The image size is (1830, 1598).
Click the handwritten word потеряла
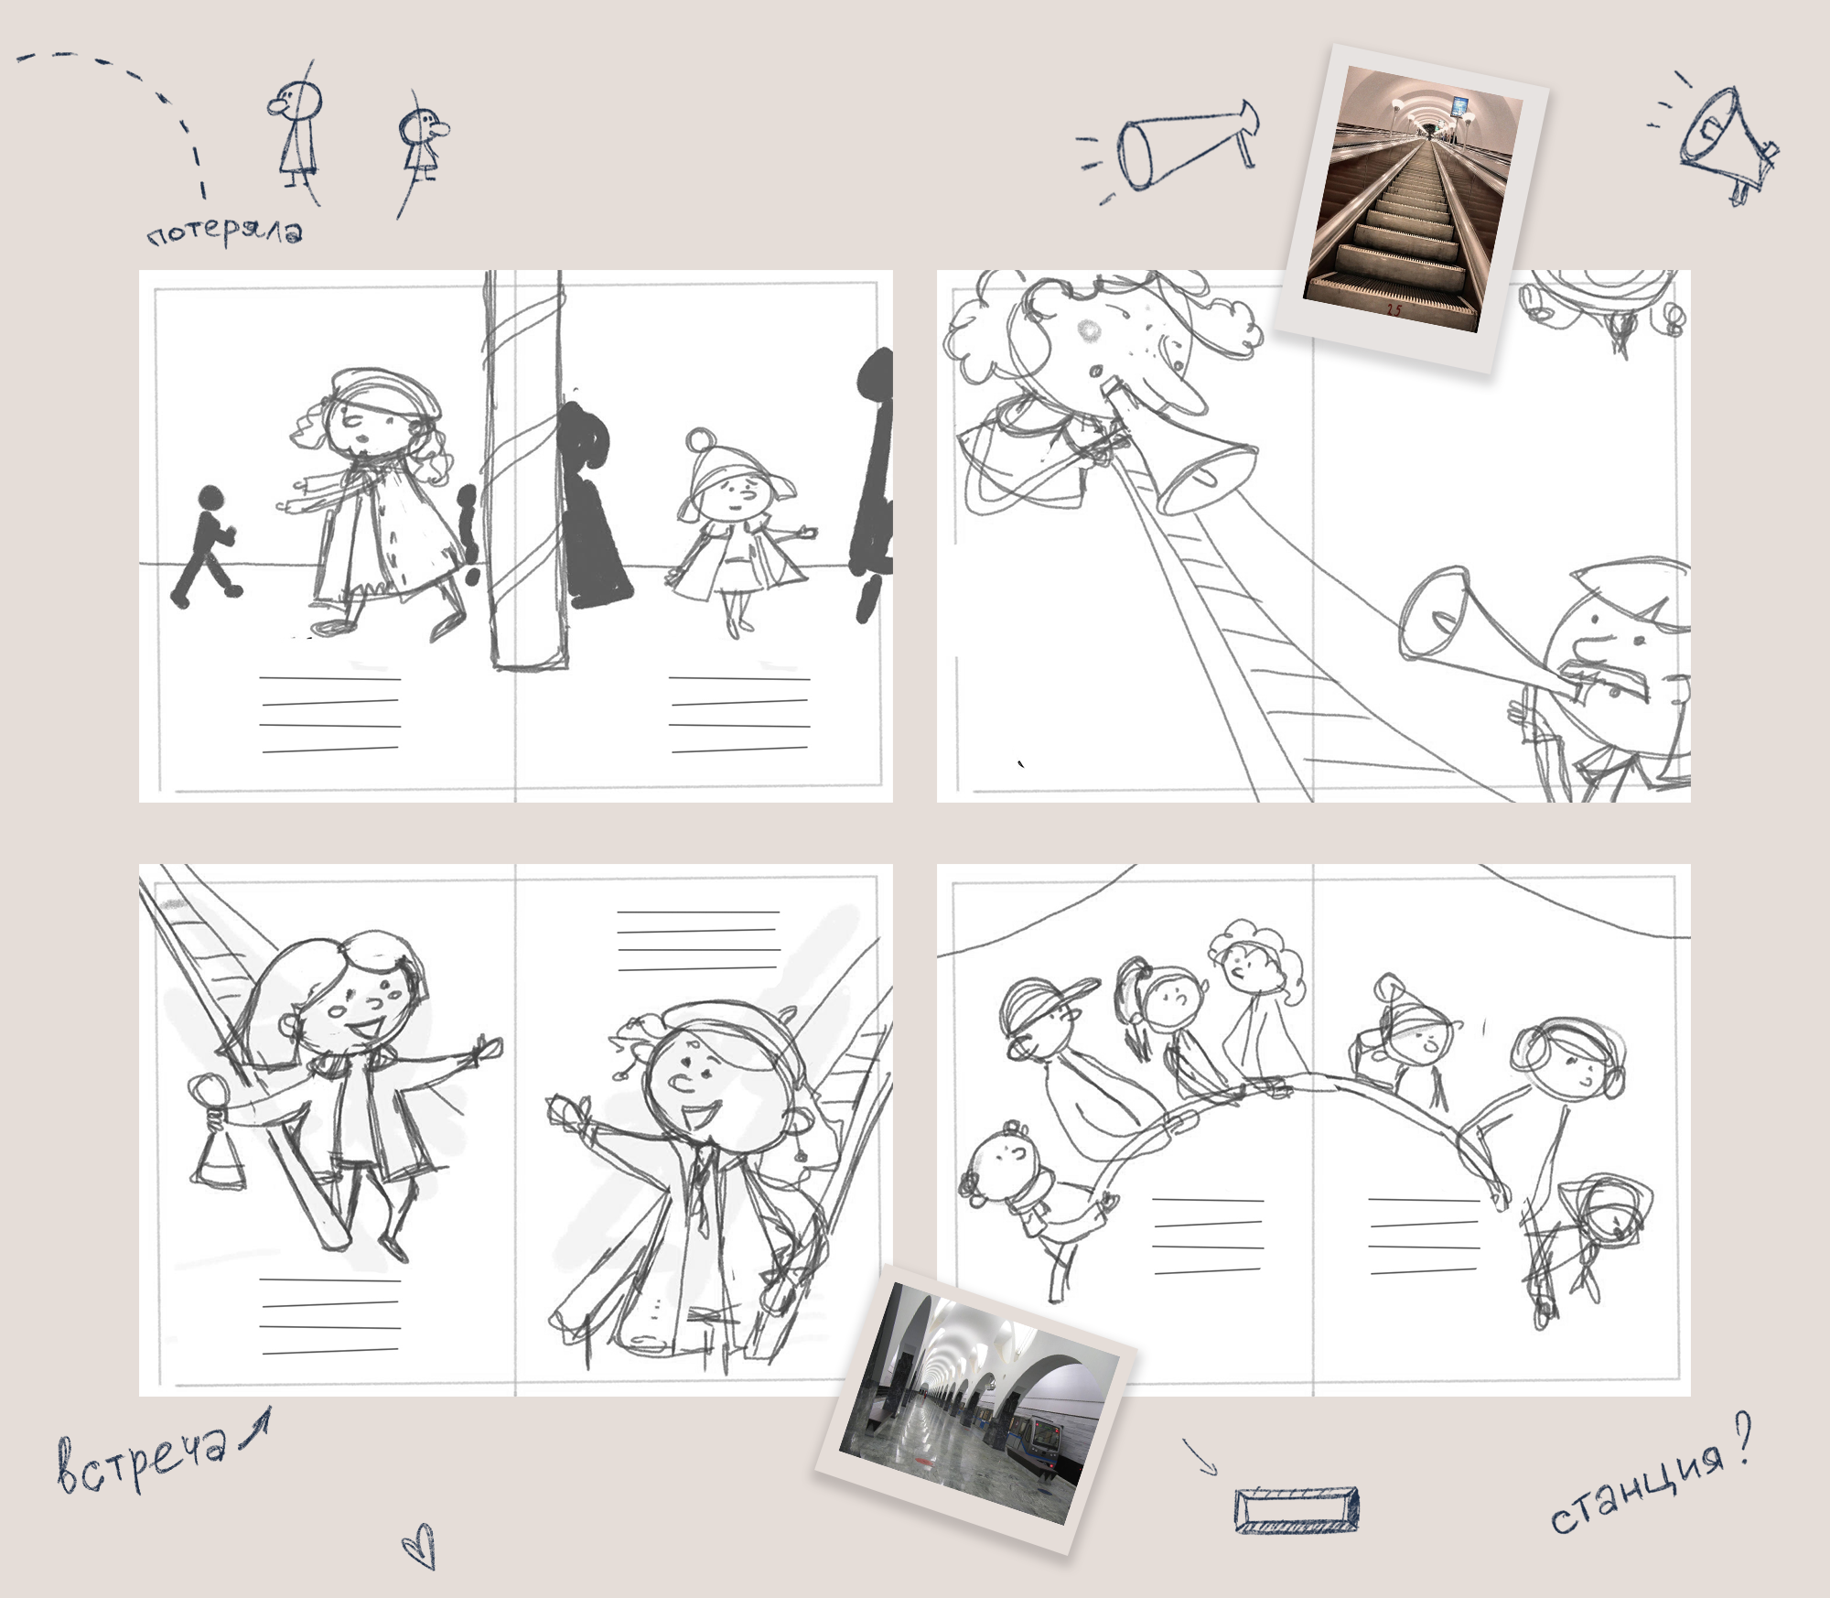225,232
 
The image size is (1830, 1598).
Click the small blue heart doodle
419,1546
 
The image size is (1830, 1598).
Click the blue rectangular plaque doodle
1297,1509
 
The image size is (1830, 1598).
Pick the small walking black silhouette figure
207,546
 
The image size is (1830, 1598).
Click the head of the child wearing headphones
1569,1062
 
